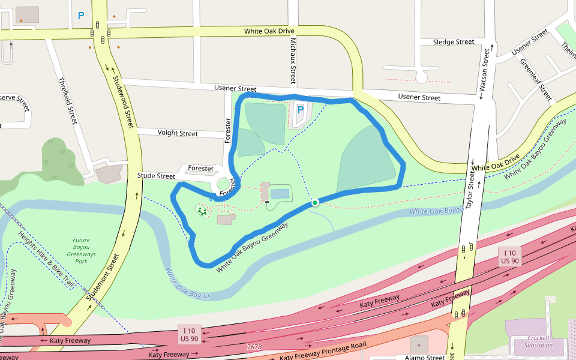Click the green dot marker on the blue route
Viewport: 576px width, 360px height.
(314, 203)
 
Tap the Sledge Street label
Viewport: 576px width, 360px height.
(454, 42)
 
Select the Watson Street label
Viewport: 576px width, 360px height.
(484, 71)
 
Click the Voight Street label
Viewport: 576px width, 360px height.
(178, 133)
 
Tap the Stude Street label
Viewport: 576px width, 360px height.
(156, 176)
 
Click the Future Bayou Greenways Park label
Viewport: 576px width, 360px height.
(77, 251)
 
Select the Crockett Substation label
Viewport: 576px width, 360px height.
(538, 341)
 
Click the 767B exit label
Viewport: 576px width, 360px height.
(254, 347)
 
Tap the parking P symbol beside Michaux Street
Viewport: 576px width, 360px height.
(300, 110)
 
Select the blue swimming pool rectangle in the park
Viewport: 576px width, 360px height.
(279, 194)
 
